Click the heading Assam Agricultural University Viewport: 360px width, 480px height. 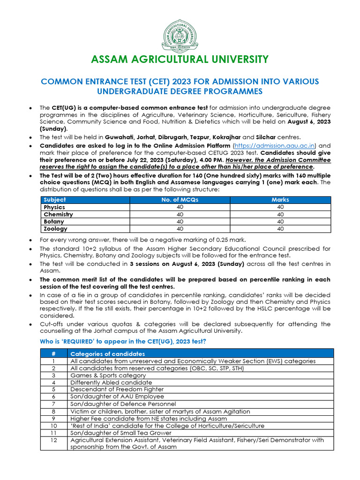[180, 60]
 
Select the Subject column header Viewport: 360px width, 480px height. [55, 200]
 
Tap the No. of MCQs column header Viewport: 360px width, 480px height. [180, 200]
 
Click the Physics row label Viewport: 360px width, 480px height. [54, 207]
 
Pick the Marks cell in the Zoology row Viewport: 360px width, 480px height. [280, 229]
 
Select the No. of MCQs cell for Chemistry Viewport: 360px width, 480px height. [180, 214]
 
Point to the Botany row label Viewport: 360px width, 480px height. [54, 221]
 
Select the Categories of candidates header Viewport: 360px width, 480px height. [107, 354]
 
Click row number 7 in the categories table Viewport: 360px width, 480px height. [53, 404]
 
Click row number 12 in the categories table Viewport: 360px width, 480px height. [53, 440]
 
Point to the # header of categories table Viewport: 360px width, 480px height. [53, 354]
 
